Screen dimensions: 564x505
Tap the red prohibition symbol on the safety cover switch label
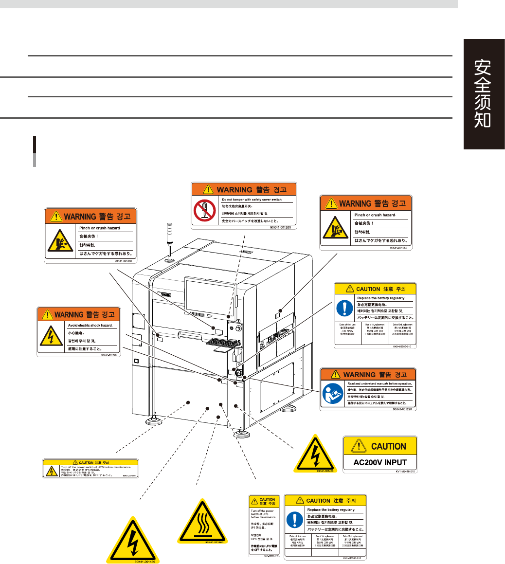205,210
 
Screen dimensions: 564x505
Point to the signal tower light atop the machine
170,243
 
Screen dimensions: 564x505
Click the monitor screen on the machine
209,295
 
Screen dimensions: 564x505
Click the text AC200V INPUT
381,462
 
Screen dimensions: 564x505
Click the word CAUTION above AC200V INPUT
388,445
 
